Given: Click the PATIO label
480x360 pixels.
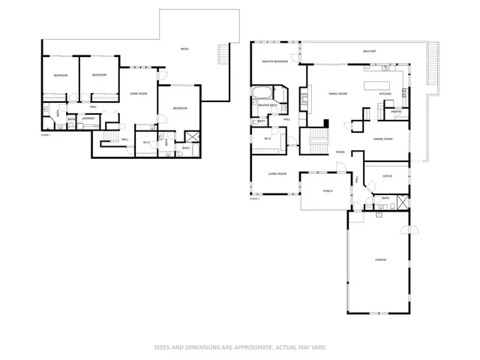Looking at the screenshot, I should pos(184,49).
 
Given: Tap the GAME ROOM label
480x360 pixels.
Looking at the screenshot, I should pos(138,93).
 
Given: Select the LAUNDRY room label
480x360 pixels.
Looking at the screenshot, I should pos(88,118).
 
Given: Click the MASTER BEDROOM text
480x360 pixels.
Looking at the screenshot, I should pos(275,61).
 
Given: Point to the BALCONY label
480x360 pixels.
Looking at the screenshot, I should pos(369,51).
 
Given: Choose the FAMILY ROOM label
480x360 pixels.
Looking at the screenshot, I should pos(338,94).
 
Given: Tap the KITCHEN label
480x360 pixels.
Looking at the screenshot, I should pos(385,94).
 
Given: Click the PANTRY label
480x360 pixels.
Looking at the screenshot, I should pos(396,112).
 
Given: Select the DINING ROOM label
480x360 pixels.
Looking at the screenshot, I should pos(383,139).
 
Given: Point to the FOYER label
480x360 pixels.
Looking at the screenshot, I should pos(340,151).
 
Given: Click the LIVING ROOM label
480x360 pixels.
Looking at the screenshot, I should pos(277,173).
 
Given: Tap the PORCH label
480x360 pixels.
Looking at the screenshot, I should pos(328,191).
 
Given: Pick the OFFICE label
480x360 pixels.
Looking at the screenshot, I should pos(387,176).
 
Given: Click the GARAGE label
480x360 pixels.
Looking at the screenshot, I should pos(381,259).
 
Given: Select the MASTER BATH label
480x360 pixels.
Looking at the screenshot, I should pos(268,106).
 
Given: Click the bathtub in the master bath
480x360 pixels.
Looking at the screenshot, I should pos(263,94).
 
